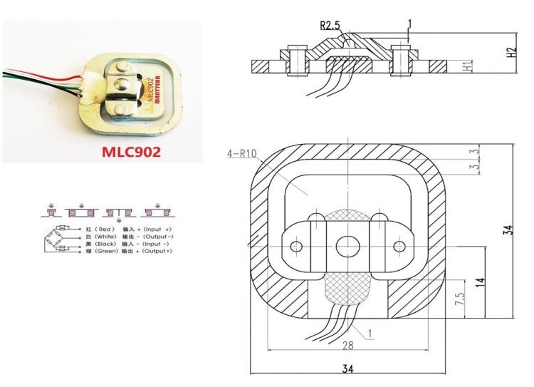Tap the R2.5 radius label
point(331,26)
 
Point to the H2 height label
point(511,53)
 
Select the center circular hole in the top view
point(347,246)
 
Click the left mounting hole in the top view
point(297,247)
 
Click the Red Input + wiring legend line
point(125,229)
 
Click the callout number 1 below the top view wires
point(370,333)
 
